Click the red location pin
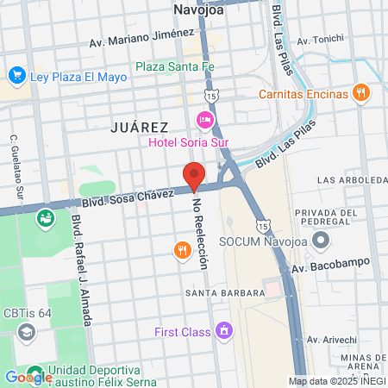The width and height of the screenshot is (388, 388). [x=194, y=176]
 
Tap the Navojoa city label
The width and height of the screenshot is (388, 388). [x=198, y=10]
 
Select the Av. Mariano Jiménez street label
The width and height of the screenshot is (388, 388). [x=141, y=39]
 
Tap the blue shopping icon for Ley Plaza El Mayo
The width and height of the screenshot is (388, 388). [x=16, y=77]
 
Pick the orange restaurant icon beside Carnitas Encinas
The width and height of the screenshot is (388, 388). [x=361, y=92]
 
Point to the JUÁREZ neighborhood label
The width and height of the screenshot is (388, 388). [x=140, y=127]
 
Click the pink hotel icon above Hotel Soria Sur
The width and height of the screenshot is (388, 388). [x=205, y=118]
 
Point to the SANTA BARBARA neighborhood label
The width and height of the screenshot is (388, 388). [x=224, y=293]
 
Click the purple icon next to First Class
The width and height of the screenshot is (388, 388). [x=224, y=330]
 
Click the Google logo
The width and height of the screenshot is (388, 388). [x=28, y=377]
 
